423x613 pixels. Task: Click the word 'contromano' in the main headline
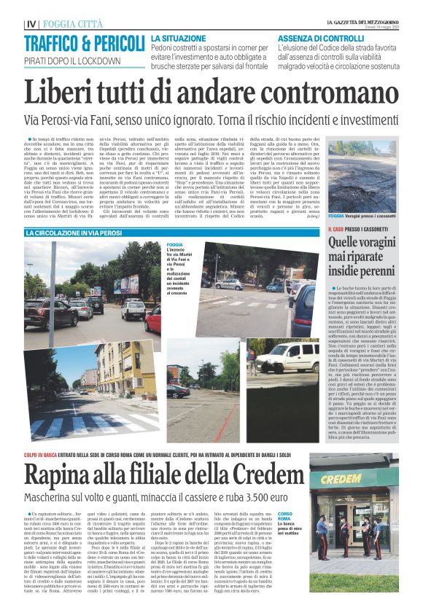coord(322,93)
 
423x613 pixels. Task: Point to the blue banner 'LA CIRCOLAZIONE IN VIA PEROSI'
coord(74,232)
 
